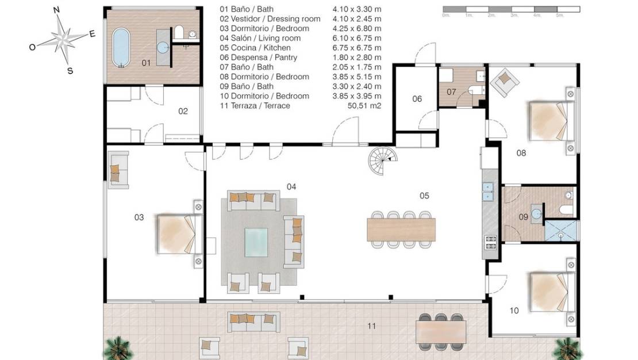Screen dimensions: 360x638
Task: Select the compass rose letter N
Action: [56, 10]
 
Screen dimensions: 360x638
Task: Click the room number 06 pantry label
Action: [417, 99]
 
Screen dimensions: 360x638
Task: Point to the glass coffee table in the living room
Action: [256, 242]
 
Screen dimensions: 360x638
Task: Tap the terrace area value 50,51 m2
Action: [364, 106]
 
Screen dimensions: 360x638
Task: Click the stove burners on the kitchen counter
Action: [491, 243]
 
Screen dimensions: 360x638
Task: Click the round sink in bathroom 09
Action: [537, 213]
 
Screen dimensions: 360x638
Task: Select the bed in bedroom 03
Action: [179, 234]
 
